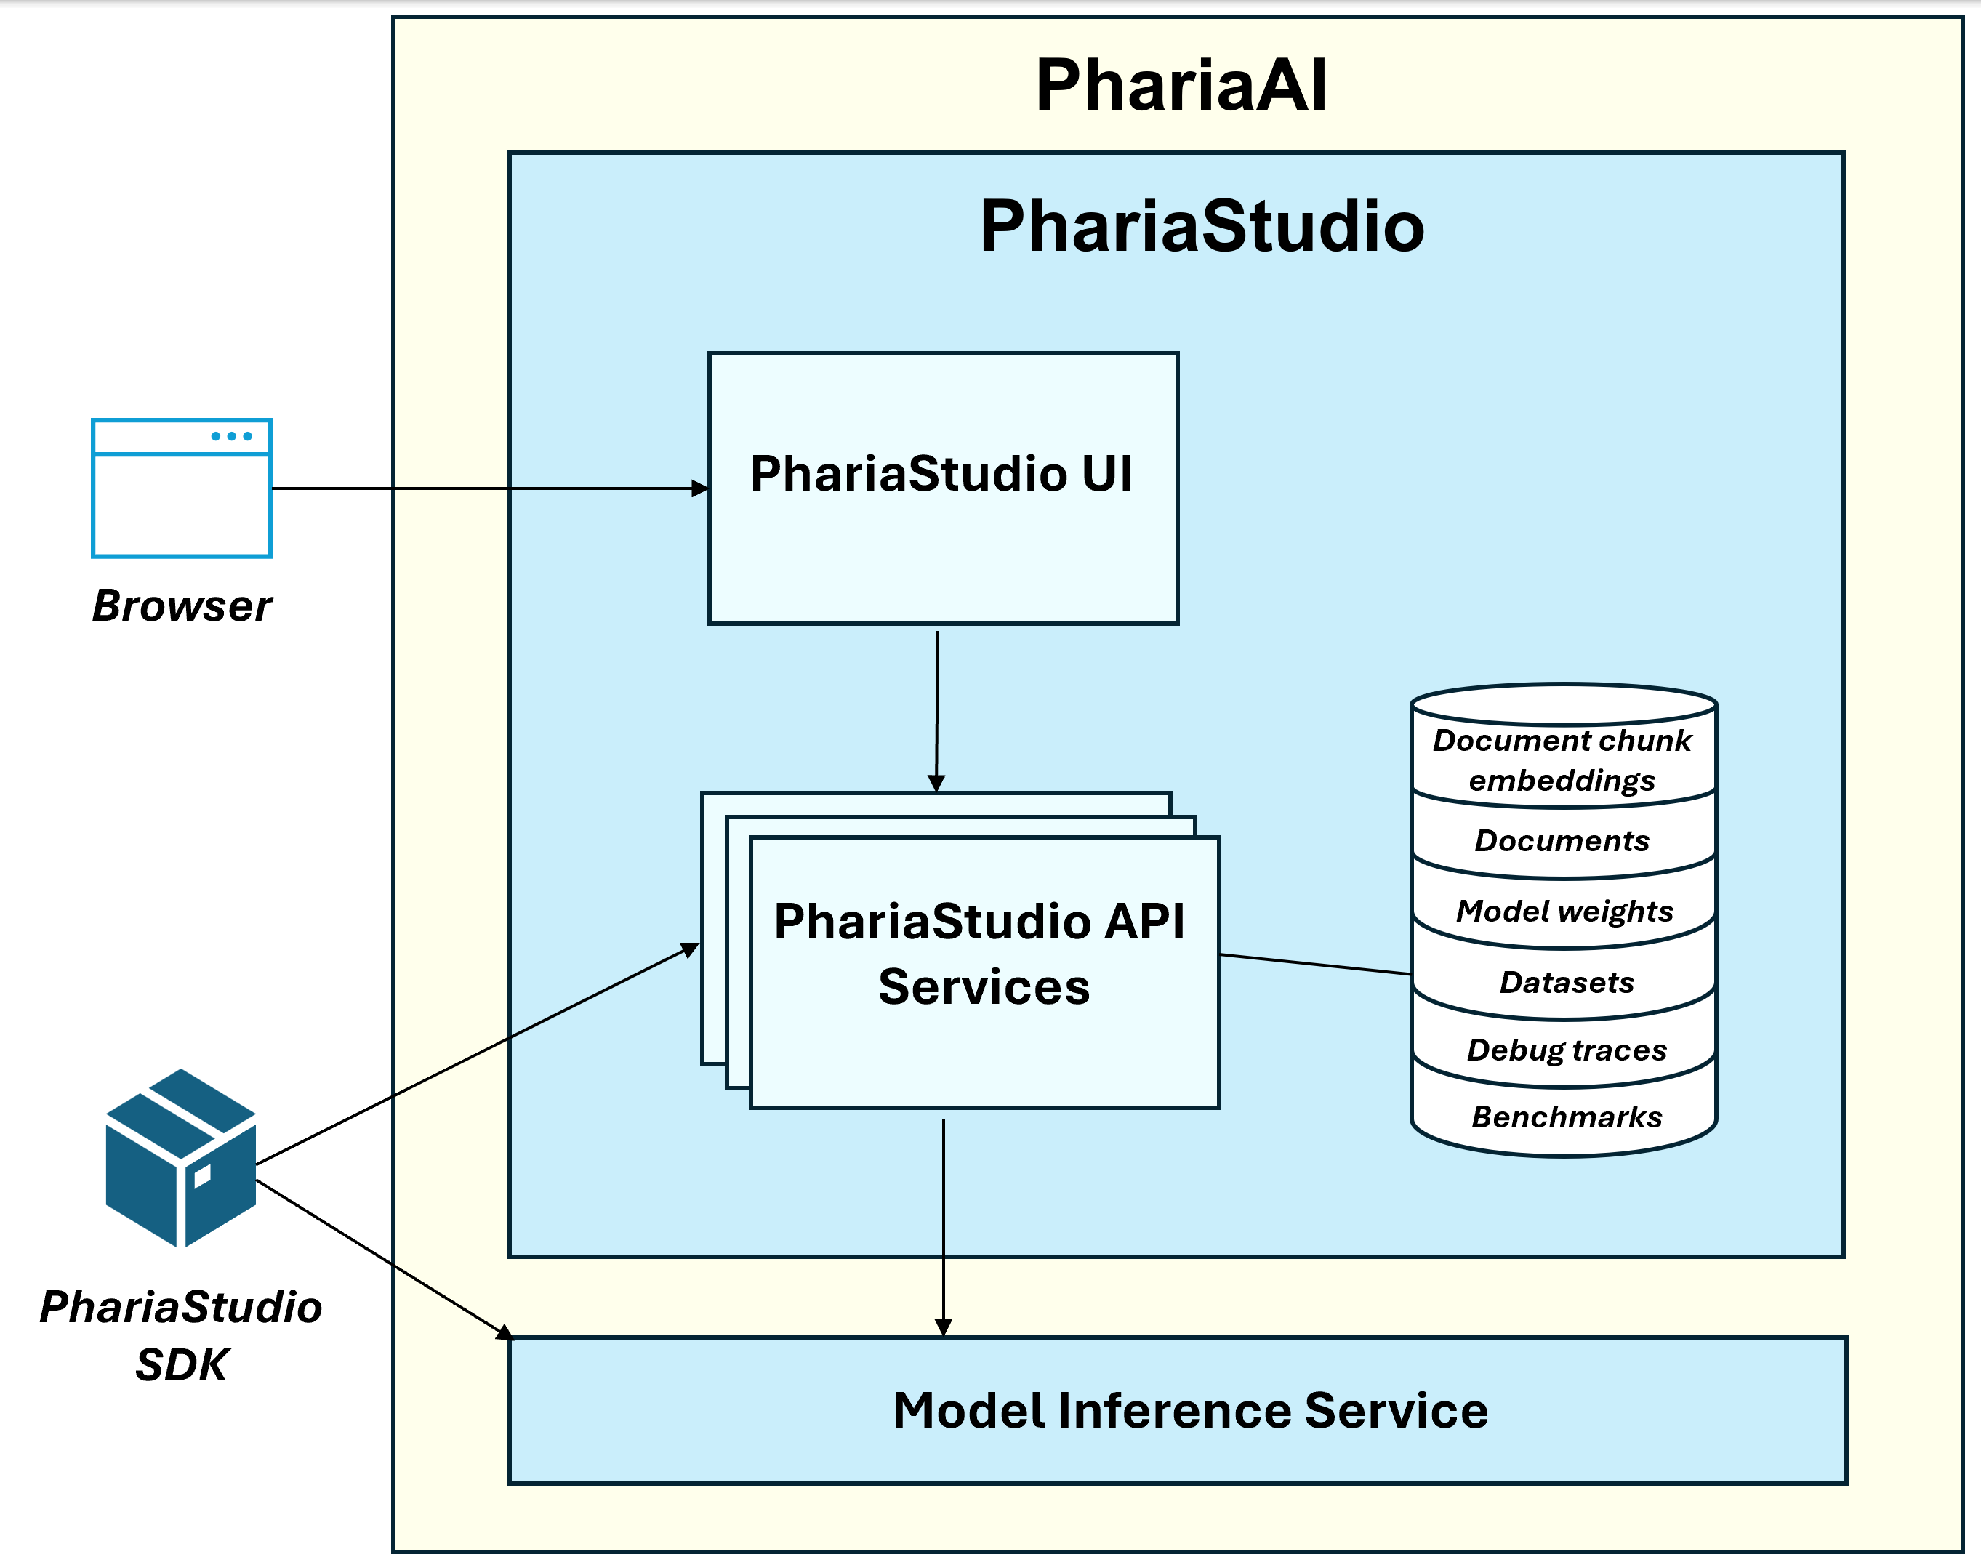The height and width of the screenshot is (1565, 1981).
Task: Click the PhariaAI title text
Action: [1180, 85]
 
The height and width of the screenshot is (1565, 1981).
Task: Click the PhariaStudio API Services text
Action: [981, 954]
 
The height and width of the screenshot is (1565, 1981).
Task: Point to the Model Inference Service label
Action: [1189, 1410]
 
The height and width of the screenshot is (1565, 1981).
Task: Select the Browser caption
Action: [182, 606]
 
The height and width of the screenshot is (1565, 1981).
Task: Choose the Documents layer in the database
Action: [1562, 840]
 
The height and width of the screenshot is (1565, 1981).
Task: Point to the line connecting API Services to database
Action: [1315, 964]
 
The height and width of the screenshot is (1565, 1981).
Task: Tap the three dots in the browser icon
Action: [231, 436]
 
